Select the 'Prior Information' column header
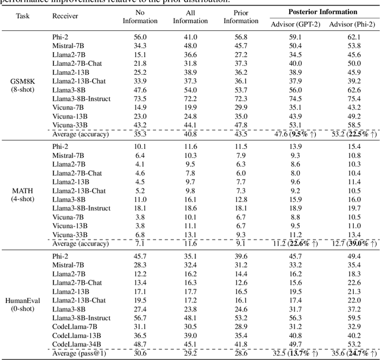240,17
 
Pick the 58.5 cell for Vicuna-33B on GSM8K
354,125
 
